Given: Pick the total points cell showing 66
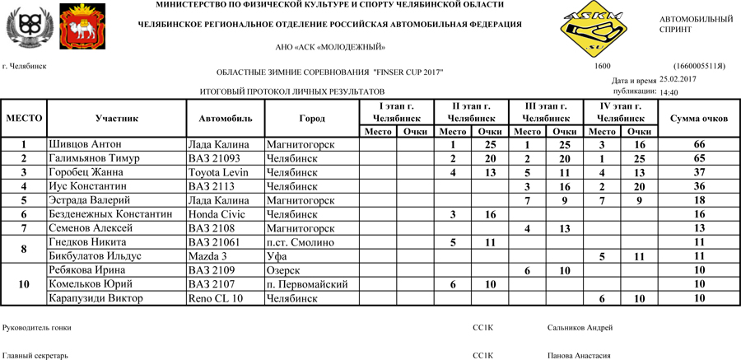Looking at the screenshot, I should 699,145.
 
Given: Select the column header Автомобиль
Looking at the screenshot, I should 226,119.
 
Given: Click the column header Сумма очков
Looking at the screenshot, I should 699,119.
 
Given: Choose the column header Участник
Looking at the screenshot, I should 117,119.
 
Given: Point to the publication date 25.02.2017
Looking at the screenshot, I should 678,79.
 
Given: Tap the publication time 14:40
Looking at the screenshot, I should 669,92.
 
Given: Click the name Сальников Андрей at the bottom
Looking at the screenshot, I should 580,328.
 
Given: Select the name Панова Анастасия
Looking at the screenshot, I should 579,356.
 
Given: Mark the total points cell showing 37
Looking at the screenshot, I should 699,173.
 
